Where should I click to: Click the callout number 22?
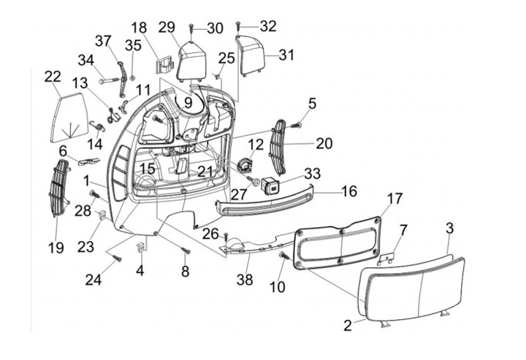pos(52,77)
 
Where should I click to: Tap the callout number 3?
pos(449,229)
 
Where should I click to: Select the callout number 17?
pos(394,199)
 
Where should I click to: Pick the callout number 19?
pos(56,248)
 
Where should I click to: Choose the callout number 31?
pos(286,55)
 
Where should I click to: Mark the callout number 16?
pos(349,191)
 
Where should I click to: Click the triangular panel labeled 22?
pos(67,116)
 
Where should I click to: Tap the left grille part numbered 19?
pos(58,188)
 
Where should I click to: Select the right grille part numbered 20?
pos(278,146)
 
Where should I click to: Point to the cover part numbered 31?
pos(252,55)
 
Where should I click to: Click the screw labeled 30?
pos(191,28)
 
